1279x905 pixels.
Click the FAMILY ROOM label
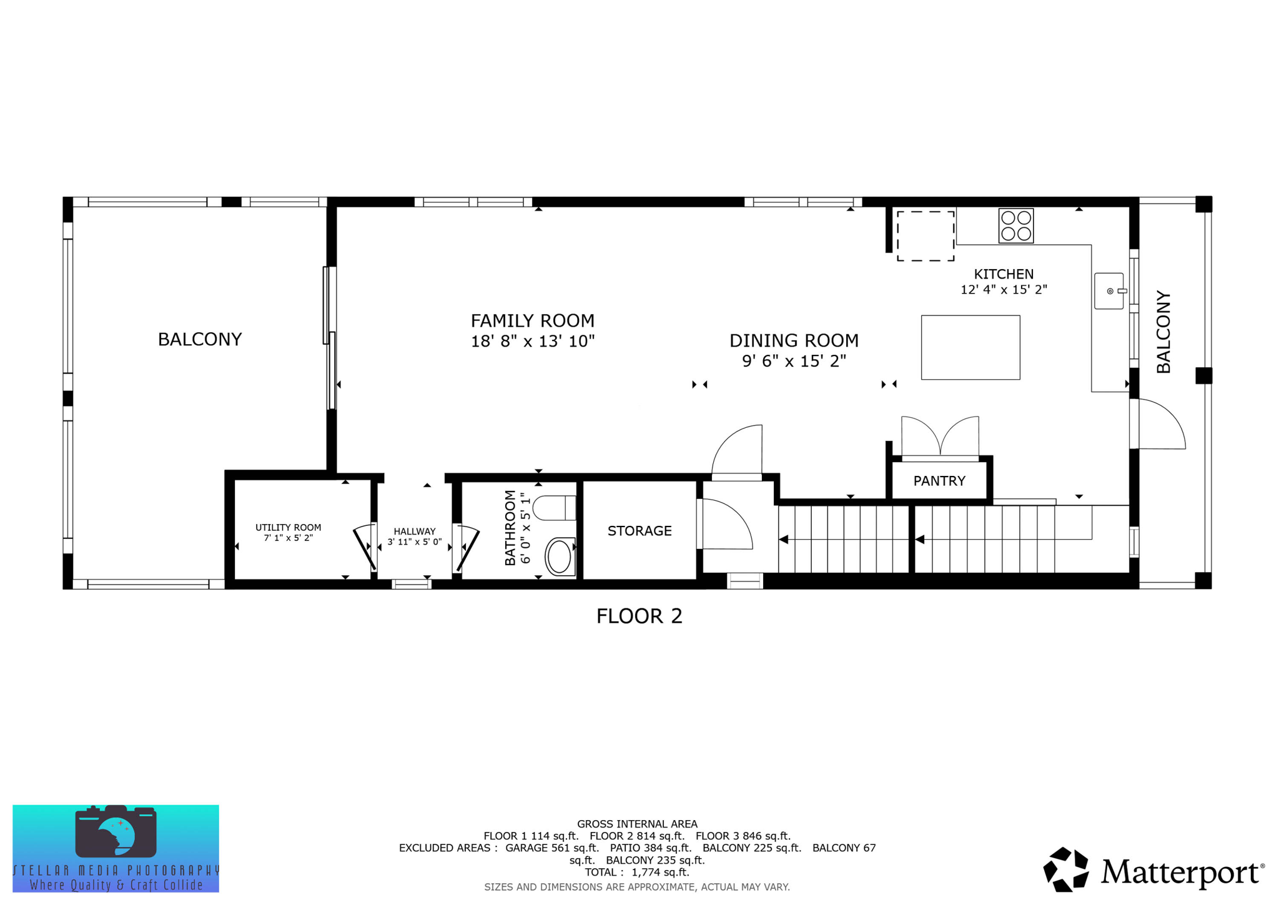pyautogui.click(x=532, y=320)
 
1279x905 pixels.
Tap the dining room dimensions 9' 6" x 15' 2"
pyautogui.click(x=794, y=361)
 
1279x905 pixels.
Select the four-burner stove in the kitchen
pyautogui.click(x=1015, y=225)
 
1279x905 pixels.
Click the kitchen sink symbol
pyautogui.click(x=1109, y=291)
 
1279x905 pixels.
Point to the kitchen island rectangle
pyautogui.click(x=970, y=347)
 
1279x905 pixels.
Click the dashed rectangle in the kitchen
pyautogui.click(x=925, y=236)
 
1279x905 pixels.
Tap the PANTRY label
pyautogui.click(x=939, y=481)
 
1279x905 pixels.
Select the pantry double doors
pyautogui.click(x=940, y=437)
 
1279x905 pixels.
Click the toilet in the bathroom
pyautogui.click(x=554, y=508)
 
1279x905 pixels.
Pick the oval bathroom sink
pyautogui.click(x=559, y=556)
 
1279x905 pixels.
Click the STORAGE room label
pyautogui.click(x=639, y=531)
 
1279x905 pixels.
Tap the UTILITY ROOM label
pyautogui.click(x=288, y=528)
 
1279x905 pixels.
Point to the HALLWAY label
pyautogui.click(x=414, y=532)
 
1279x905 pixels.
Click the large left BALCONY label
pyautogui.click(x=199, y=339)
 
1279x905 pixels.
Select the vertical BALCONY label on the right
pyautogui.click(x=1163, y=332)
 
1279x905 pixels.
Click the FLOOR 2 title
pyautogui.click(x=639, y=616)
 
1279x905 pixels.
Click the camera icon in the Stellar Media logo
pyautogui.click(x=116, y=831)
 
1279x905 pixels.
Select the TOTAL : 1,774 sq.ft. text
pyautogui.click(x=637, y=872)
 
